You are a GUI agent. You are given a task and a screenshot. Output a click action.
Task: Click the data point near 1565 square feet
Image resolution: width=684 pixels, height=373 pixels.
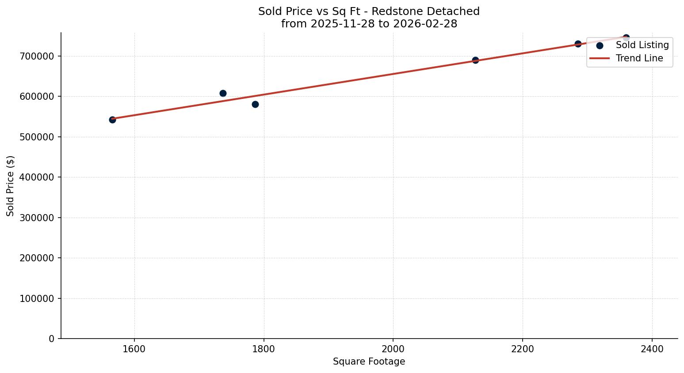click(112, 120)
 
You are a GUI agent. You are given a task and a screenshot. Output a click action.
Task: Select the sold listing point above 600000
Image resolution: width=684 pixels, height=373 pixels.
click(223, 93)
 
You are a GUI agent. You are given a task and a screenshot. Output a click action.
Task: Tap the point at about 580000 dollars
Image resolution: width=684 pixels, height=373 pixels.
click(255, 104)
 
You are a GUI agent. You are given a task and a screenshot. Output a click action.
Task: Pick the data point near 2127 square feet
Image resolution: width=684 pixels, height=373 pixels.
click(475, 60)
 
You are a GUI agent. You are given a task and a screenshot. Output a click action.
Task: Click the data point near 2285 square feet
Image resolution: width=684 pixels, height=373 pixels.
click(578, 44)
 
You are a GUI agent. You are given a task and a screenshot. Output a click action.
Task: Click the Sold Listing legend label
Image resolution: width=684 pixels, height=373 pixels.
click(642, 45)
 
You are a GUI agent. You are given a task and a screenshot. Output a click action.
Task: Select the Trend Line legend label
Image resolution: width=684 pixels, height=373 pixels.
click(639, 58)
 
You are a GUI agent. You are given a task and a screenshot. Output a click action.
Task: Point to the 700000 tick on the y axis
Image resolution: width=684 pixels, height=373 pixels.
click(37, 56)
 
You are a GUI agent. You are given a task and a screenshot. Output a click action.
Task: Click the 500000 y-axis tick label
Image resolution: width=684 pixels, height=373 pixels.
click(37, 137)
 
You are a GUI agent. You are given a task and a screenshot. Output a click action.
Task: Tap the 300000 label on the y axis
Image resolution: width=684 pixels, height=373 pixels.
click(37, 218)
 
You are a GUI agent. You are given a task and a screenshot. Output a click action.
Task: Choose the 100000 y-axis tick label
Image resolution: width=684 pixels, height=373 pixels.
click(37, 298)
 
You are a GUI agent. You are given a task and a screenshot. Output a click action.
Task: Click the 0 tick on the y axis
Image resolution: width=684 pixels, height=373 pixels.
click(52, 339)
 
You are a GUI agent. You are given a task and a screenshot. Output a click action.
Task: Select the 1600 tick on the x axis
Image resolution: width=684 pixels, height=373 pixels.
click(134, 349)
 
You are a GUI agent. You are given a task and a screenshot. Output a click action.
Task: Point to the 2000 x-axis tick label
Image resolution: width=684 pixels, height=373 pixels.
click(393, 349)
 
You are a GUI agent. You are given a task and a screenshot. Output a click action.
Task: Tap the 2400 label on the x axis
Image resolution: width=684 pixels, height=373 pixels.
click(652, 349)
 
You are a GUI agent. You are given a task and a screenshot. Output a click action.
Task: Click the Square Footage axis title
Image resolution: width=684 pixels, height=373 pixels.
click(369, 362)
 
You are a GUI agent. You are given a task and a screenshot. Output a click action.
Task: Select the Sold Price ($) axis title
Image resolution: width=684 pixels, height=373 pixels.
click(11, 185)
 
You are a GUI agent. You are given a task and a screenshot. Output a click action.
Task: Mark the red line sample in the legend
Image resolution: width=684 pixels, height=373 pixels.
click(600, 58)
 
